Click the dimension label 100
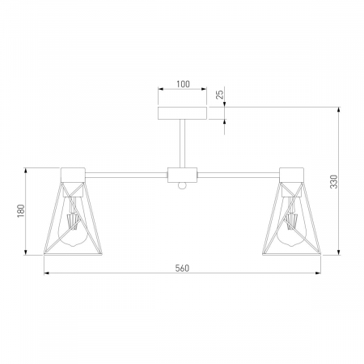[183, 84]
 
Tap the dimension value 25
[221, 94]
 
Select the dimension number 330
[334, 182]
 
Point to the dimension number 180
[21, 211]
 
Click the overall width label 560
[182, 269]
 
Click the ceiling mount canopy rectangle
[182, 113]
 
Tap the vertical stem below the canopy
[182, 143]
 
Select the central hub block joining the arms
[182, 175]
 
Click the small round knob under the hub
[182, 186]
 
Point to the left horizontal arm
[126, 175]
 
